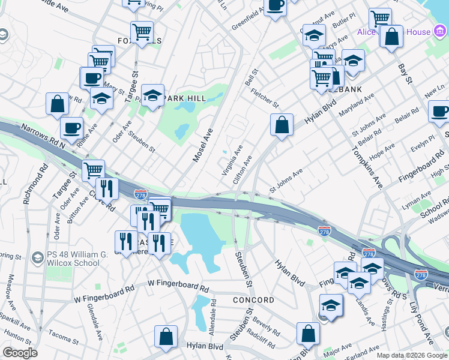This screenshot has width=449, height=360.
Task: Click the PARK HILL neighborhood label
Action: pos(186,98)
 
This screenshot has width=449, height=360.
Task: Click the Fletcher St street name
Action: pos(265,97)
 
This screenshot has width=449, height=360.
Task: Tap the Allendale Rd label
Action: pos(211,316)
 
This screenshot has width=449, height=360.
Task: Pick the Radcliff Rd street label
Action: pos(261,337)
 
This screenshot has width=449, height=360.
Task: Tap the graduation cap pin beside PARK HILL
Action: pos(152,95)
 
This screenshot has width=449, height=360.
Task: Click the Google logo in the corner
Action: pos(20,353)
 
